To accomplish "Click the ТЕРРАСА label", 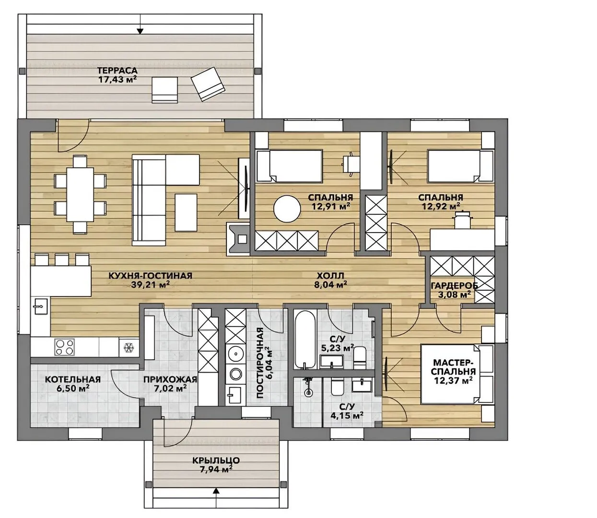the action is click(x=117, y=71).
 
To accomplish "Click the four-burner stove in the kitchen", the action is click(x=64, y=347).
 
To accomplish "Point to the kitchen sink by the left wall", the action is click(x=41, y=306).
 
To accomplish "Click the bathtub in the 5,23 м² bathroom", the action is click(x=305, y=339).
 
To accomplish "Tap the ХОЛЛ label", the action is click(x=330, y=275).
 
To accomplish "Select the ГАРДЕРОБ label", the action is click(x=454, y=285).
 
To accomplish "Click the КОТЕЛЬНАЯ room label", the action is click(x=73, y=379).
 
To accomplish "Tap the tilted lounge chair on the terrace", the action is click(x=208, y=84).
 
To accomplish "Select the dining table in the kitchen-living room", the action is click(x=80, y=194).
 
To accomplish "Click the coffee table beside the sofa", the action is click(x=186, y=213).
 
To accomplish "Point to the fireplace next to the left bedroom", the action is click(x=238, y=239).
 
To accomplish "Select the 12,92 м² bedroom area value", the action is click(x=441, y=206).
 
